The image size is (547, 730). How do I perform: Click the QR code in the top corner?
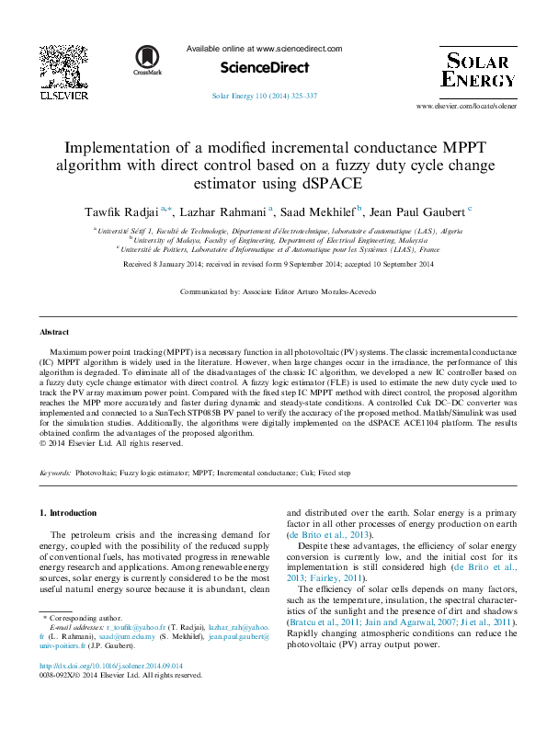pyautogui.click(x=63, y=64)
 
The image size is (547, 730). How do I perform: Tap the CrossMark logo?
pyautogui.click(x=147, y=61)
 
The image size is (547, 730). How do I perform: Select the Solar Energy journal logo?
pyautogui.click(x=478, y=70)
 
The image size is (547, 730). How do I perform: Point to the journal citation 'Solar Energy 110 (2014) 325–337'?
pyautogui.click(x=265, y=96)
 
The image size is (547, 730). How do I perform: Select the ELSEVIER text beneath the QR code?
pyautogui.click(x=63, y=94)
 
